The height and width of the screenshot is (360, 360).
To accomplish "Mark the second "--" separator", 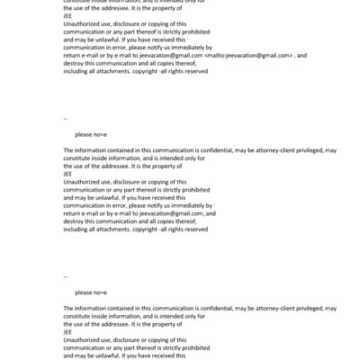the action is (x=66, y=276).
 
